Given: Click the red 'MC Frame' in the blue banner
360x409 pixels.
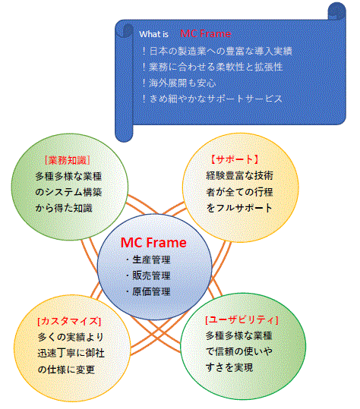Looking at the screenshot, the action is click(206, 33).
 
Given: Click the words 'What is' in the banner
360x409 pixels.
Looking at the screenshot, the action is click(153, 34).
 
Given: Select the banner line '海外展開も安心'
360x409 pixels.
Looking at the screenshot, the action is click(179, 83).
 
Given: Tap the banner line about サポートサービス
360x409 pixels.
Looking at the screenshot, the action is click(213, 99).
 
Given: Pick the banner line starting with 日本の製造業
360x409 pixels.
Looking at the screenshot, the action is click(217, 51).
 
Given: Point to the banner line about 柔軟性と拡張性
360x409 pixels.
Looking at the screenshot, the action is click(213, 67).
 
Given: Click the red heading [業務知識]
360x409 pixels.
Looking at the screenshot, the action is click(68, 160).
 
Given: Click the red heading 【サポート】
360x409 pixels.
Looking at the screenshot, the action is click(235, 159).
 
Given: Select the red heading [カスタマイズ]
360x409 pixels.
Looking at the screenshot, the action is click(69, 321).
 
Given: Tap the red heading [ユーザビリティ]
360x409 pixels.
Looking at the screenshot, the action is click(242, 319).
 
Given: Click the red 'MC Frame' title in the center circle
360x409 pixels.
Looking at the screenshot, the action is click(153, 243).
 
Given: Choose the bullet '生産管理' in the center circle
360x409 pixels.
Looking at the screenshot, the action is click(148, 260).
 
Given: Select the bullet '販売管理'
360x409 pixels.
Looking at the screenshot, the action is click(148, 275).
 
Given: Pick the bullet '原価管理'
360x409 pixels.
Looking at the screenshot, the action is click(148, 291).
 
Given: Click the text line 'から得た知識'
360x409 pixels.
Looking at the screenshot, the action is click(64, 208).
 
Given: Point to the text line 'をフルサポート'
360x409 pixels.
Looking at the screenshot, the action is click(239, 208).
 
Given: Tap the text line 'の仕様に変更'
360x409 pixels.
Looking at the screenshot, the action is click(66, 370).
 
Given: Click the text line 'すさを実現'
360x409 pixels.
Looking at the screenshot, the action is click(229, 367).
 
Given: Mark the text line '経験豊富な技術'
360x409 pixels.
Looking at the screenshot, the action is click(239, 175).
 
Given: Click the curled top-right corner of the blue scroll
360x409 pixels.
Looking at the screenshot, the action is click(336, 11).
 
